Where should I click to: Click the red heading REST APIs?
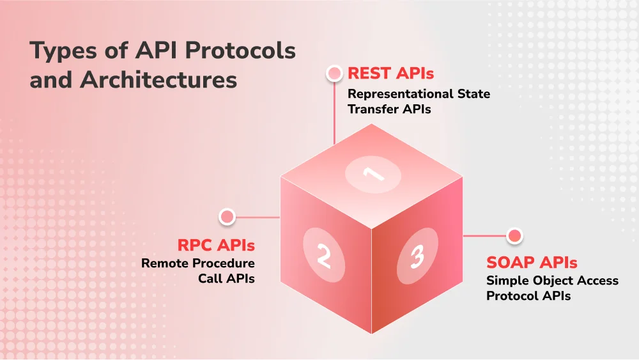390,74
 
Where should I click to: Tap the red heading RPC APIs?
216,246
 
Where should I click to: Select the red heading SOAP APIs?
532,262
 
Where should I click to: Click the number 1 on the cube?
373,173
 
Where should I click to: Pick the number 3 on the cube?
417,257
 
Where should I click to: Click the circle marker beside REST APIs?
334,74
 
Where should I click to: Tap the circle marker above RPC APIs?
227,217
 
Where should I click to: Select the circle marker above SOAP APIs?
514,236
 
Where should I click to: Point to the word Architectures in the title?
158,81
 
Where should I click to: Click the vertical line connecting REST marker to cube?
334,112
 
